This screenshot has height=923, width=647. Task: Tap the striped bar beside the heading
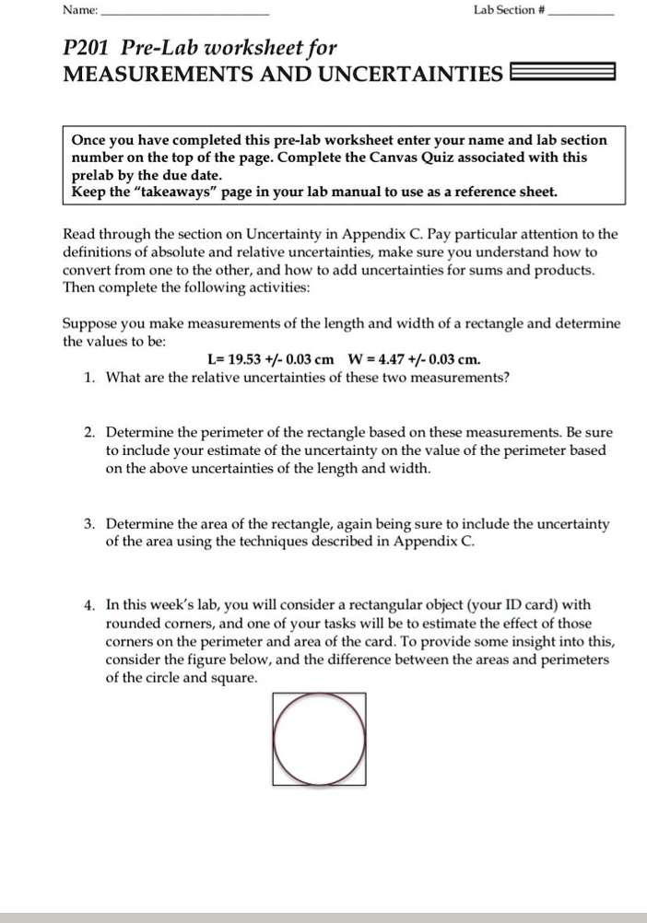[562, 73]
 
